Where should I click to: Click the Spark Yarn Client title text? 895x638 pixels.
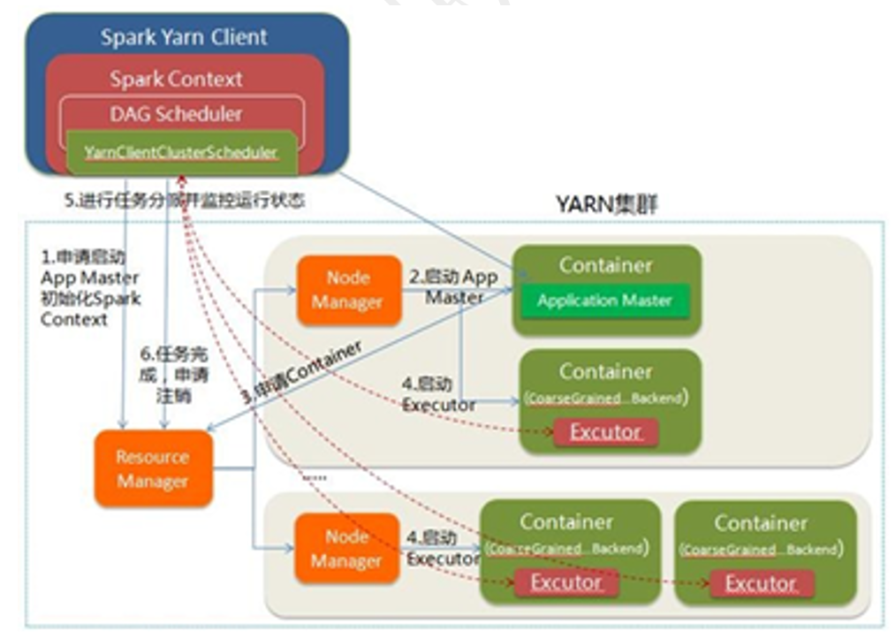point(184,37)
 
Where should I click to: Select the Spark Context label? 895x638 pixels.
point(176,79)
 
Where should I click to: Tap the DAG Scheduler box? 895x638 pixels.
point(176,114)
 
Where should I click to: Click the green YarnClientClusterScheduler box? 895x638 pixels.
point(181,152)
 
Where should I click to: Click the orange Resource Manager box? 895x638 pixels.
point(153,469)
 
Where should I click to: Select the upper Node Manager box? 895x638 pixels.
point(347,290)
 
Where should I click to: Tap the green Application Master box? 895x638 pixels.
point(604,300)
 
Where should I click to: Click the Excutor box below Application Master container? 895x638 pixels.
point(605,432)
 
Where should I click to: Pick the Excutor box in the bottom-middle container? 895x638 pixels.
point(566,582)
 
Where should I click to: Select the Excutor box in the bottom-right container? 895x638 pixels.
point(761,583)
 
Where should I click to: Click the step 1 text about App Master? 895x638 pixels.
point(88,288)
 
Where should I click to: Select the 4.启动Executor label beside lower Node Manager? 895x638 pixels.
point(442,549)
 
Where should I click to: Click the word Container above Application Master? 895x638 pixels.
point(605,265)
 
